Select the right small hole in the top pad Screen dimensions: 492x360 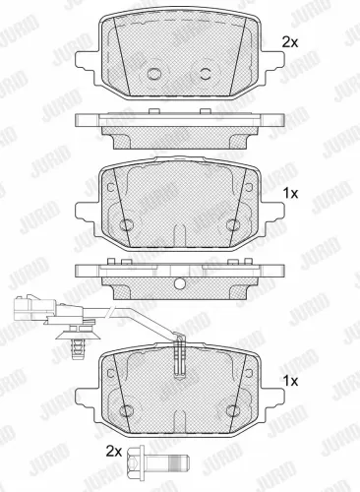pyautogui.click(x=206, y=74)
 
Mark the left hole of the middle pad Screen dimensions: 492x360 pyautogui.click(x=125, y=225)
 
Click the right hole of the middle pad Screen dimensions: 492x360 pyautogui.click(x=232, y=225)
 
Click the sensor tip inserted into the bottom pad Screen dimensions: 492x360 pyautogui.click(x=178, y=356)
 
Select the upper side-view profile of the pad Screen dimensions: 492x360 pyautogui.click(x=179, y=126)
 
